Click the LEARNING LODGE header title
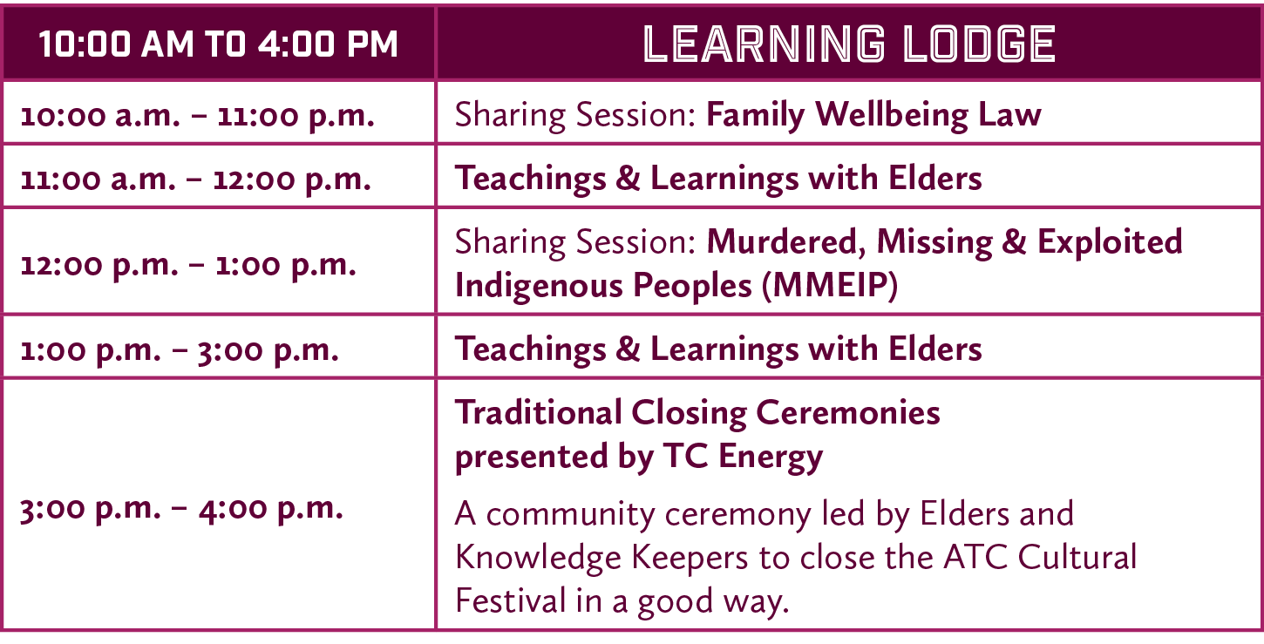tap(849, 44)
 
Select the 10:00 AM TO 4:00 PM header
tap(218, 44)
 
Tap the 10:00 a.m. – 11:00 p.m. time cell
tap(198, 116)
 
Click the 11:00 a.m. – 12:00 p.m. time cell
tap(196, 179)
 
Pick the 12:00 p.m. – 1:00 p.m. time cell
tap(188, 264)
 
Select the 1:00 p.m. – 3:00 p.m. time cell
tap(180, 349)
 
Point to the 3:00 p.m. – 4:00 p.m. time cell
tap(181, 509)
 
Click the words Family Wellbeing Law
tap(873, 115)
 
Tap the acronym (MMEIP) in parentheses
tap(829, 286)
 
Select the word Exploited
tap(1110, 242)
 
